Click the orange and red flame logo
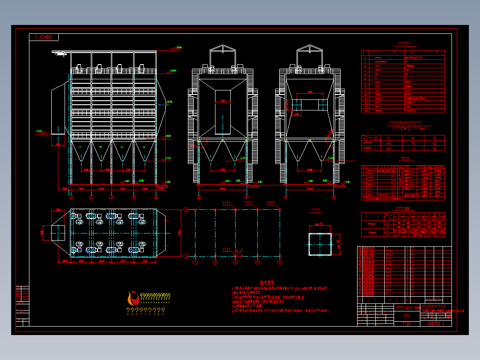(x=132, y=298)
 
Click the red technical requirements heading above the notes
(x=267, y=282)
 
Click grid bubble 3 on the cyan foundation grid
(x=236, y=262)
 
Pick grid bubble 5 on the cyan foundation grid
(x=280, y=262)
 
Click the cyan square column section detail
(x=320, y=243)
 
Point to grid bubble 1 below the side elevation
(x=70, y=196)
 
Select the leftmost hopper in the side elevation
(x=81, y=151)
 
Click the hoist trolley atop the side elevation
(x=60, y=53)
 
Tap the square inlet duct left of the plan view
(x=58, y=232)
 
